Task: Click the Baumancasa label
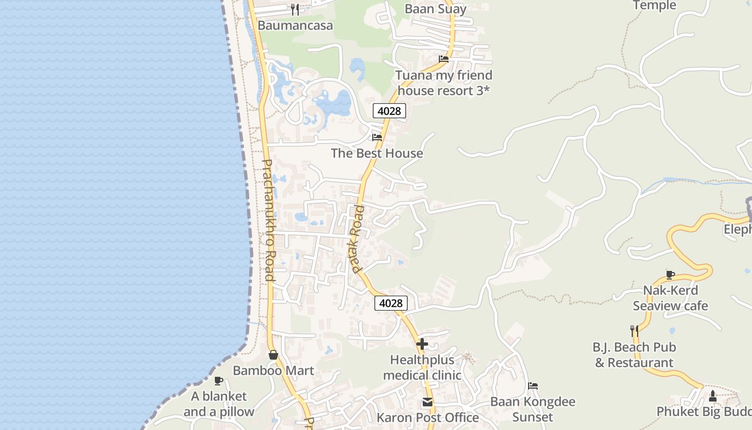click(295, 25)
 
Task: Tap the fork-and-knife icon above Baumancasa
click(294, 9)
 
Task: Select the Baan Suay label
click(435, 9)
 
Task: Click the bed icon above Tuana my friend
click(443, 59)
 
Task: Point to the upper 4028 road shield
click(389, 111)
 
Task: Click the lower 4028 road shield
click(391, 303)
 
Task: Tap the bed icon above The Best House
click(377, 137)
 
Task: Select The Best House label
click(377, 153)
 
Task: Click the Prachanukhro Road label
click(269, 220)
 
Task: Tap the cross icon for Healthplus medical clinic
click(422, 343)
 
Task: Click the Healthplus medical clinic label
click(422, 367)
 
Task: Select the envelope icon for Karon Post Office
click(428, 402)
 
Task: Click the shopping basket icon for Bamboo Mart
click(273, 355)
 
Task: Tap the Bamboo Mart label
click(273, 370)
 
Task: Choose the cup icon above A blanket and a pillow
click(218, 381)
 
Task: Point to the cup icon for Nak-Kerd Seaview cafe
click(670, 275)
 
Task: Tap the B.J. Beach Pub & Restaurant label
click(634, 355)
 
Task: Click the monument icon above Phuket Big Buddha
click(713, 396)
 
